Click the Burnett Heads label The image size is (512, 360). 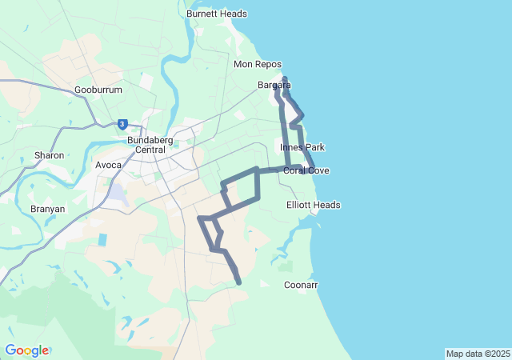pyautogui.click(x=216, y=14)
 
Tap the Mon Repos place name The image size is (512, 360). pyautogui.click(x=254, y=64)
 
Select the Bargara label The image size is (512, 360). pyautogui.click(x=274, y=85)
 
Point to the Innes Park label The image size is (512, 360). pyautogui.click(x=302, y=147)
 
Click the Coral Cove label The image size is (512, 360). pyautogui.click(x=306, y=170)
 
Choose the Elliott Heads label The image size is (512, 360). pyautogui.click(x=313, y=205)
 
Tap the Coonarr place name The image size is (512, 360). pyautogui.click(x=301, y=285)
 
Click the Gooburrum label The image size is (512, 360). pyautogui.click(x=98, y=90)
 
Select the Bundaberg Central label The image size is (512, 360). pyautogui.click(x=146, y=145)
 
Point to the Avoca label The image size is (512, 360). pyautogui.click(x=108, y=165)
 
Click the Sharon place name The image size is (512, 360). pyautogui.click(x=49, y=155)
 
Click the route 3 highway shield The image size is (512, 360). pyautogui.click(x=122, y=124)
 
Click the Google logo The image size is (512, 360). pyautogui.click(x=26, y=350)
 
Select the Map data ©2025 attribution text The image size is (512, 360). pyautogui.click(x=478, y=354)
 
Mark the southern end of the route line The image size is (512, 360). pyautogui.click(x=239, y=282)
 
